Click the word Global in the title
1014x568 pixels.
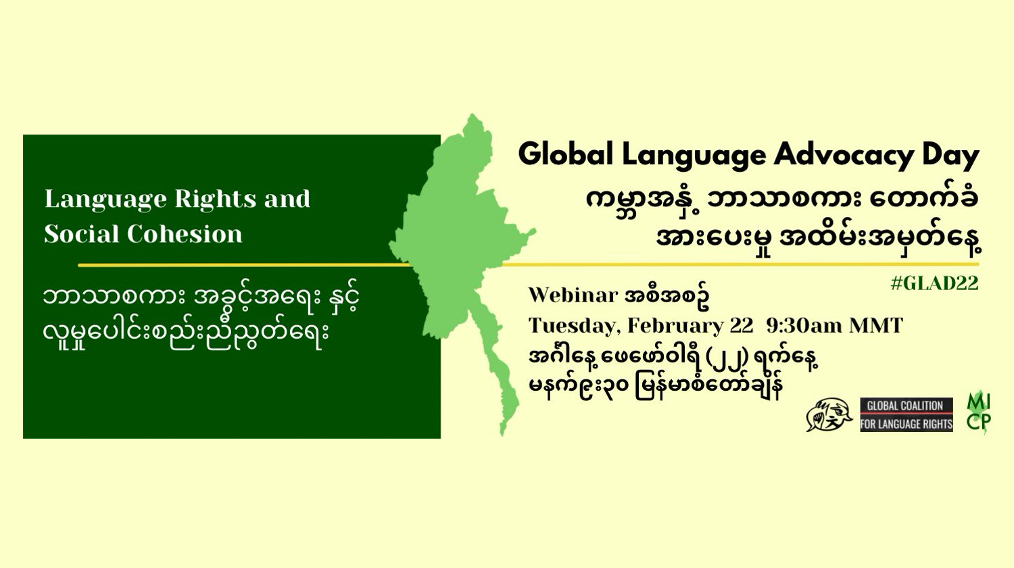click(566, 154)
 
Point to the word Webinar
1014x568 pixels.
click(573, 295)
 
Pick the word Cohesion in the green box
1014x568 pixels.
click(185, 234)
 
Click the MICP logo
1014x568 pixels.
click(979, 413)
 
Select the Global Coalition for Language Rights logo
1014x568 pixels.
click(907, 415)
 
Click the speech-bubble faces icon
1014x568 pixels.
click(829, 414)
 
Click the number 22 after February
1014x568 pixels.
click(742, 326)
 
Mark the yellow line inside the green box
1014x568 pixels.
click(245, 266)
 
